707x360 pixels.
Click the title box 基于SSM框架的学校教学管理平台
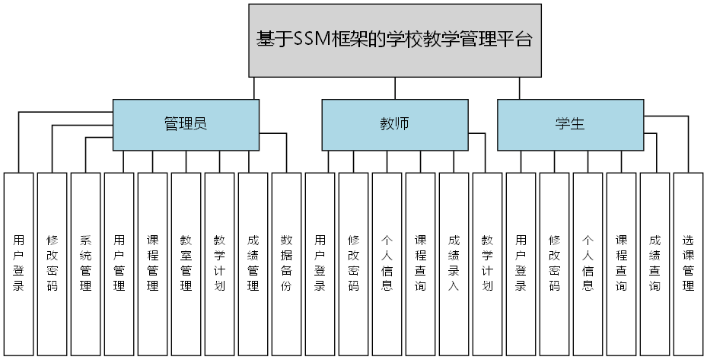[395, 40]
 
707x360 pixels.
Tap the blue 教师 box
[394, 125]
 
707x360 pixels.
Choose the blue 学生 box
[570, 125]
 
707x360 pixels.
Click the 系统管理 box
[85, 263]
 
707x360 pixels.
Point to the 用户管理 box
[119, 263]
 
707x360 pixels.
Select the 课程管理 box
[152, 263]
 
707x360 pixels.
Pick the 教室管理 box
[186, 263]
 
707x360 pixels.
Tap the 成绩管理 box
[253, 263]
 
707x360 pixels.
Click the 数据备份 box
[286, 263]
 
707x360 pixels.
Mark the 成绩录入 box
[454, 263]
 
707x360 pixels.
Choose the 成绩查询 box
[654, 263]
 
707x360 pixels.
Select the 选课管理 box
[688, 263]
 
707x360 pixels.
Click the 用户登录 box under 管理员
[18, 263]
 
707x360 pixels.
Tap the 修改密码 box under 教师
[353, 263]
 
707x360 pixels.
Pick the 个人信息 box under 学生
[588, 263]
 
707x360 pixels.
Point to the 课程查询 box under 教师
[420, 263]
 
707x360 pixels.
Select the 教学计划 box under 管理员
[219, 263]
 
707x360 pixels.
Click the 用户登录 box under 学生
[521, 263]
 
